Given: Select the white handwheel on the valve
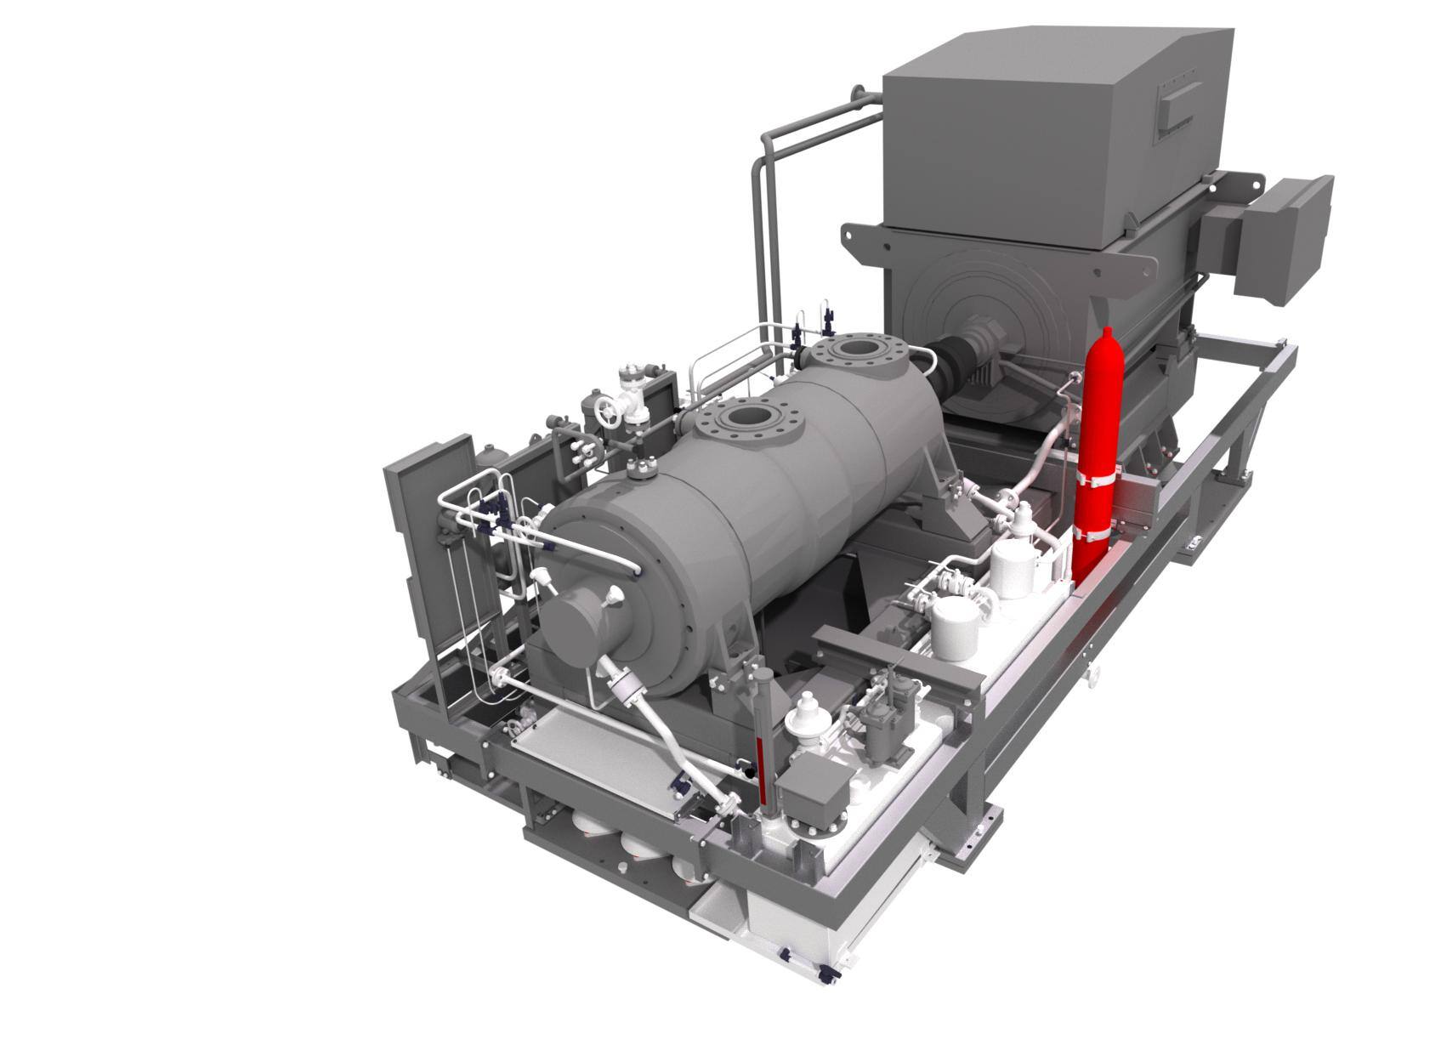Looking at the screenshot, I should (x=607, y=415).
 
